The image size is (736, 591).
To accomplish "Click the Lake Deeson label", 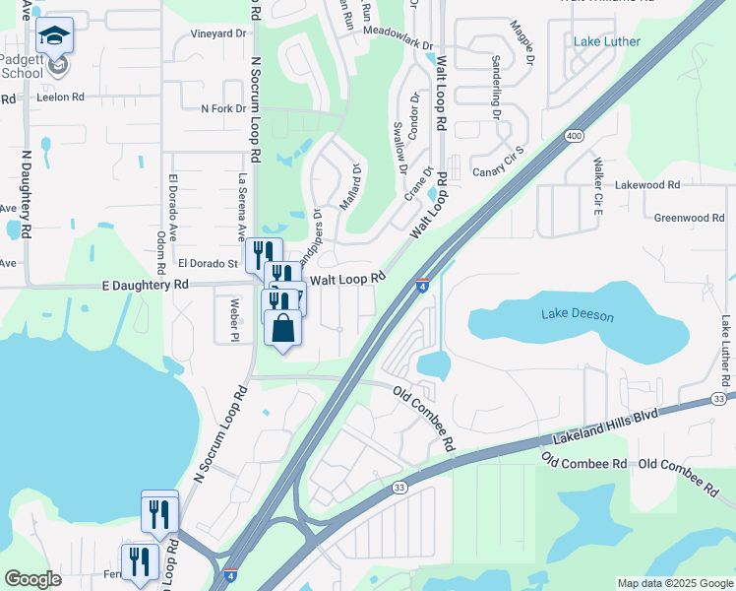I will tap(578, 315).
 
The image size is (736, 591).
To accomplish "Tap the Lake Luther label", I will tap(607, 41).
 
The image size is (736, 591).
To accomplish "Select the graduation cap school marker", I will tap(55, 37).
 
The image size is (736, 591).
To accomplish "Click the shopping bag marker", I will tap(282, 328).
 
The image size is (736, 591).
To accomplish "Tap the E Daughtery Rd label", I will tap(145, 284).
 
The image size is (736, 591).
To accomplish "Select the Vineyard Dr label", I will tap(217, 33).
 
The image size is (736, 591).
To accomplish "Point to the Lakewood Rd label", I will tap(674, 185).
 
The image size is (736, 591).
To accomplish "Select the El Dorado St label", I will tap(208, 264).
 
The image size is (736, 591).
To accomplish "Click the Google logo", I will tap(32, 579).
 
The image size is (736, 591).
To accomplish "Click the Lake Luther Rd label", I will tap(726, 351).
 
